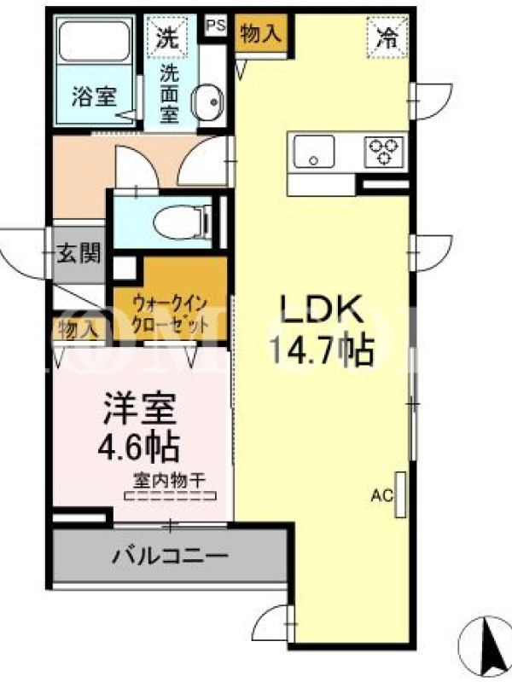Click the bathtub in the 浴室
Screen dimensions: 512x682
coord(95,41)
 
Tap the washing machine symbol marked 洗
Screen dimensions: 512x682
coord(167,38)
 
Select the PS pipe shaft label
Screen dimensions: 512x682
coord(216,26)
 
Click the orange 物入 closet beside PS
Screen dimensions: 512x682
coord(261,34)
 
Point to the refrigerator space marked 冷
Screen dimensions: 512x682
coord(387,38)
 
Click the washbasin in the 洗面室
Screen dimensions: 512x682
coord(207,102)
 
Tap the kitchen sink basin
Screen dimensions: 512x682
coord(314,152)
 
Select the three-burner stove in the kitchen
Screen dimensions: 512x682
coord(383,152)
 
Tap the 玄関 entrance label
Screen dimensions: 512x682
coord(79,253)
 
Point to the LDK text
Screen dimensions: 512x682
coord(322,309)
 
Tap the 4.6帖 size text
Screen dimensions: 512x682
coord(138,446)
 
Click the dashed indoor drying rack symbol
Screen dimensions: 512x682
coord(170,495)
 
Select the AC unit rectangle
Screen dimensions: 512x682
coord(400,495)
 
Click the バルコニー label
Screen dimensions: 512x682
coord(170,556)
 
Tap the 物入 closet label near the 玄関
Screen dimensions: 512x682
coord(79,330)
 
